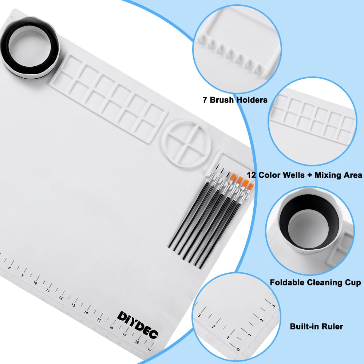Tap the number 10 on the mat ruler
pos(35,283)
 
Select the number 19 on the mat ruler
pos(150,349)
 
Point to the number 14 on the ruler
pos(86,312)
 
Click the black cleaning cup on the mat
pos(30,48)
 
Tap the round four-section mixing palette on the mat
pos(186,143)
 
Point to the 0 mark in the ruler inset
pos(238,349)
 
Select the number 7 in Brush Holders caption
pos(205,100)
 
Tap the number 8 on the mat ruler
pos(9,268)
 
